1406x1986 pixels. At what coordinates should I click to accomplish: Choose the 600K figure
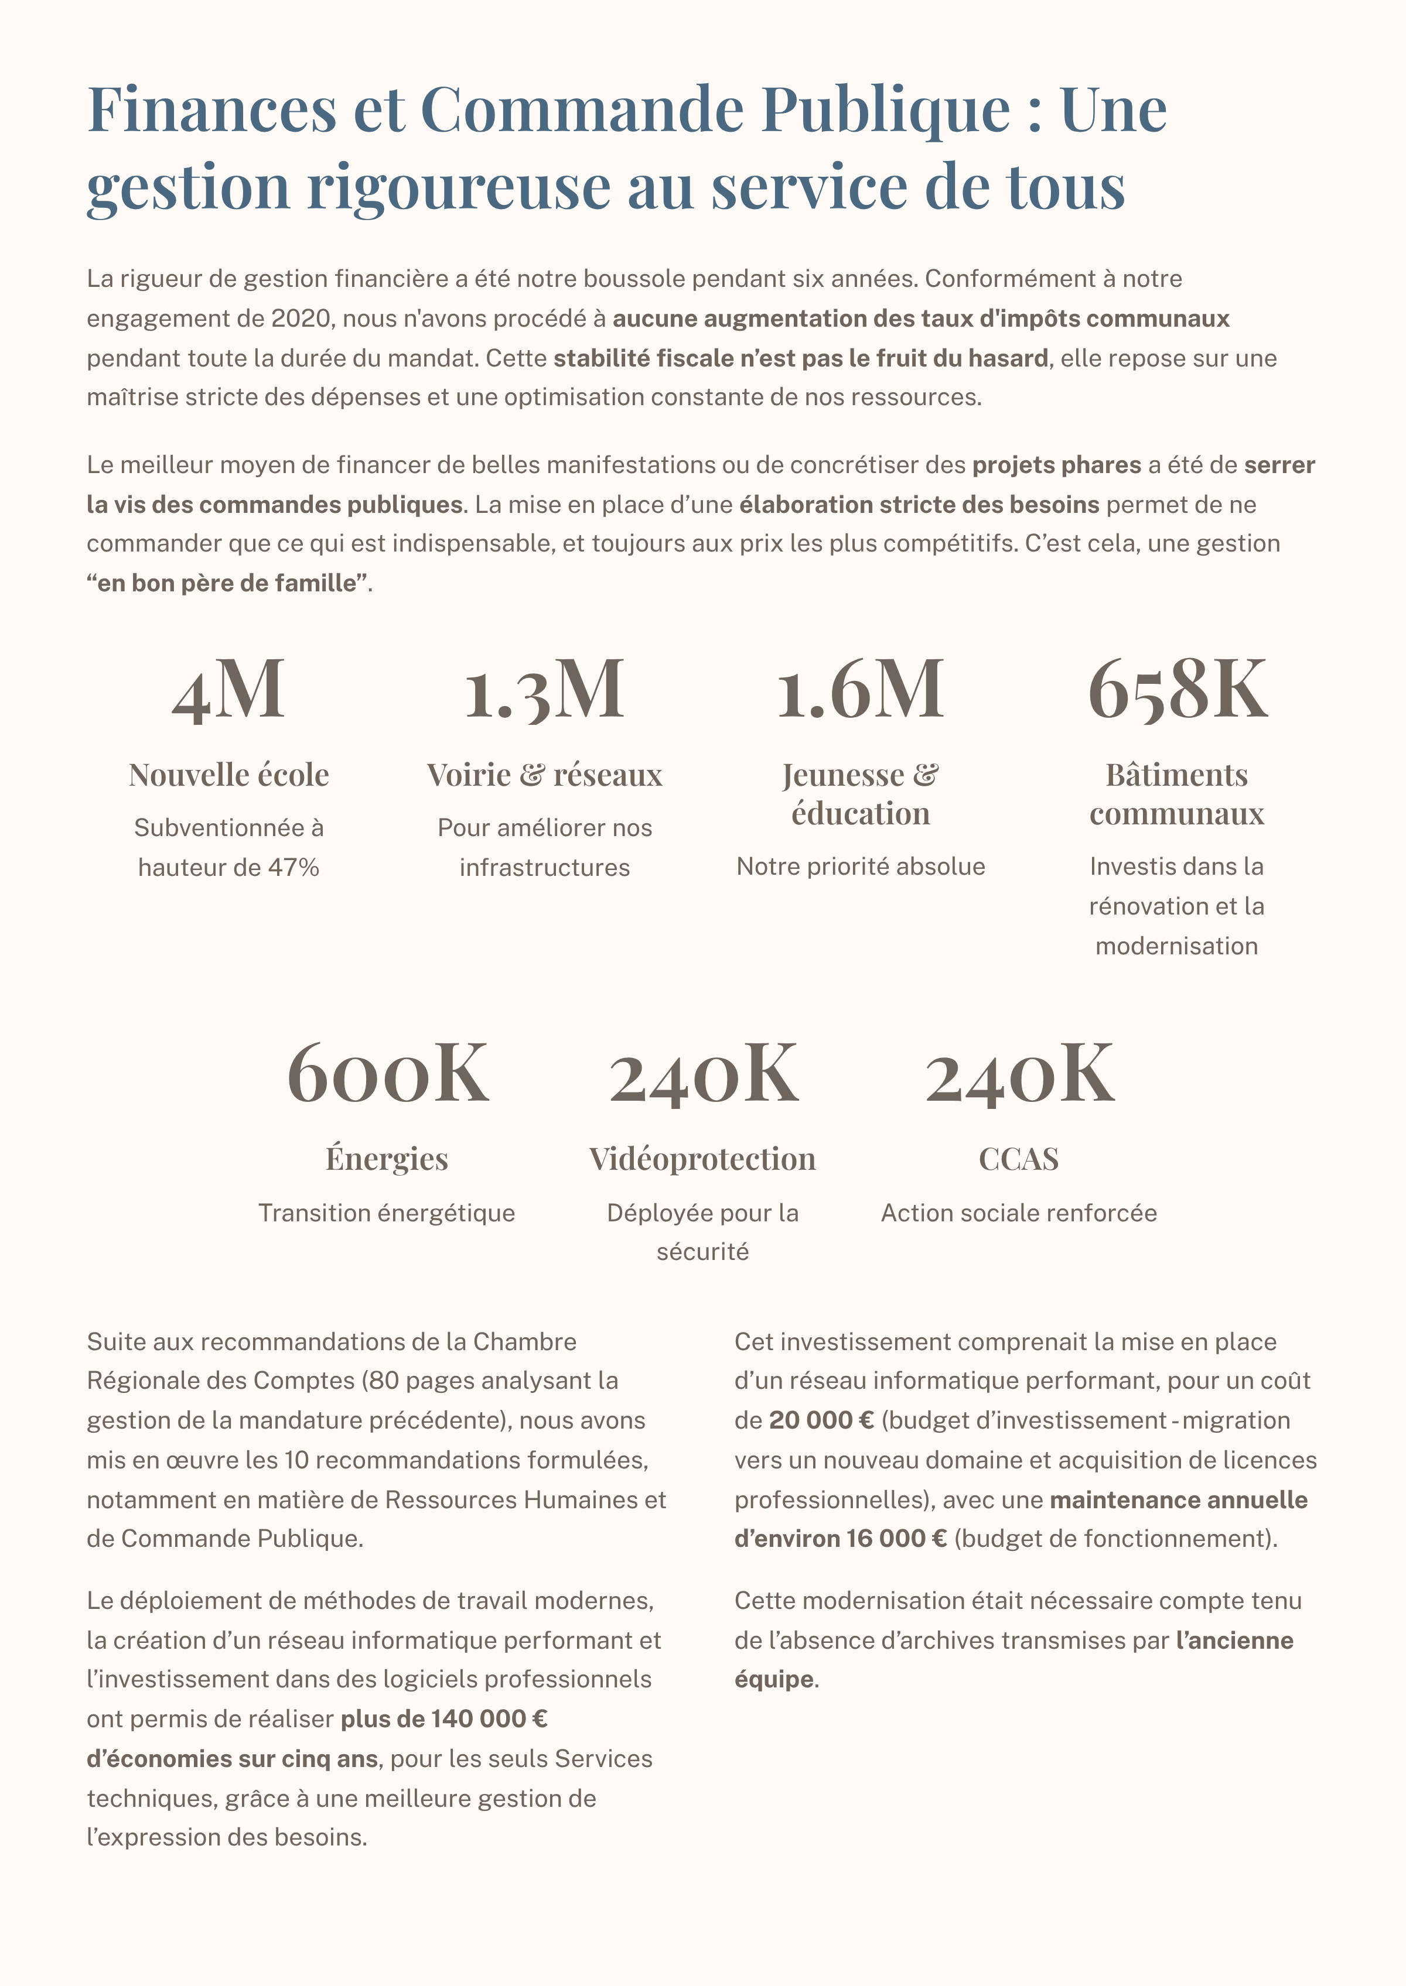coord(387,1074)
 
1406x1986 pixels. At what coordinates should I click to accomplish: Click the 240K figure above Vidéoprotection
coord(703,1074)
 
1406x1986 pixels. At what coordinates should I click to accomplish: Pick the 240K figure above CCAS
coord(1019,1074)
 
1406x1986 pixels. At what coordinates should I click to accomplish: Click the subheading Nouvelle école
coord(228,775)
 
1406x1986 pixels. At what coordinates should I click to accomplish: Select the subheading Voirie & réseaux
coord(545,775)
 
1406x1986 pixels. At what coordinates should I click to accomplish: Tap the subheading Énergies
coord(387,1159)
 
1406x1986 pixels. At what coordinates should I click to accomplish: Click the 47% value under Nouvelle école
coord(294,867)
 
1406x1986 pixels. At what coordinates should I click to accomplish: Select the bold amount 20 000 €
coord(821,1420)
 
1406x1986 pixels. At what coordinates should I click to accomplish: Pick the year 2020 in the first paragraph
coord(301,319)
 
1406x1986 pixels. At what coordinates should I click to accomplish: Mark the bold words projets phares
coord(1056,465)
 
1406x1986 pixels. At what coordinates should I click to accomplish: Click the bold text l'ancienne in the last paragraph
coord(1234,1640)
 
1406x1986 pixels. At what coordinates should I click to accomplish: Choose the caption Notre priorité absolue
coord(861,866)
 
